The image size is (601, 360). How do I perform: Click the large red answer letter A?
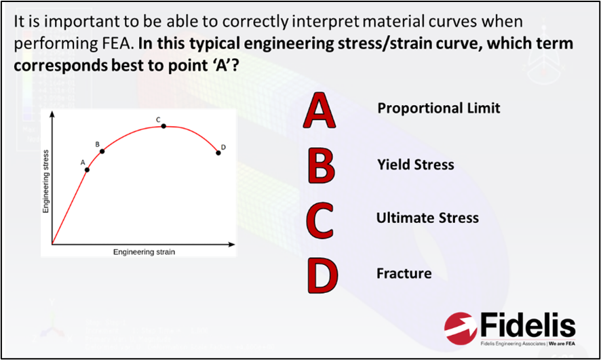320,112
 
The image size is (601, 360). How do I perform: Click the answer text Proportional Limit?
438,108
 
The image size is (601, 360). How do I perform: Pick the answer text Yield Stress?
415,165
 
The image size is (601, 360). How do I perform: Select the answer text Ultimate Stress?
427,218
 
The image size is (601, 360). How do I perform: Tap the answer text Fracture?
404,274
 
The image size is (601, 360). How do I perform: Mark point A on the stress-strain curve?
88,169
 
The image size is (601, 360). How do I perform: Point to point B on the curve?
102,151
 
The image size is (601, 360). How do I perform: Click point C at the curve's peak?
163,127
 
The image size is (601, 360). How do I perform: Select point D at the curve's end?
218,153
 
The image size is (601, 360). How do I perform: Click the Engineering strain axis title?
144,252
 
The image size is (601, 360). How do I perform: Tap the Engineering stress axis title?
46,181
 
